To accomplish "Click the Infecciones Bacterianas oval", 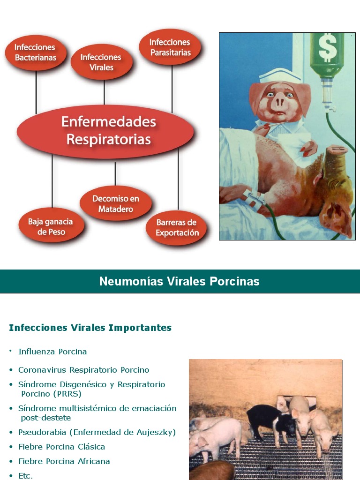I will tap(35, 52).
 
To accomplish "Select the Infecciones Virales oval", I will tap(101, 62).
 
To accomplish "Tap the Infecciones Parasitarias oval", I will tap(170, 47).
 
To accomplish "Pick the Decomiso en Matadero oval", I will tap(116, 204).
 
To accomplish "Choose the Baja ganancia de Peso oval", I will tap(51, 226).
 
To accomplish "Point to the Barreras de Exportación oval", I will tap(177, 227).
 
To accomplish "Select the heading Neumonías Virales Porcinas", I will tap(180, 281).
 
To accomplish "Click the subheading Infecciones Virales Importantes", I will tap(90, 328).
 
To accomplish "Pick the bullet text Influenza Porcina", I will tap(52, 352).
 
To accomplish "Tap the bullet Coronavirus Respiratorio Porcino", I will tap(83, 370).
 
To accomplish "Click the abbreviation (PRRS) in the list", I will tap(67, 394).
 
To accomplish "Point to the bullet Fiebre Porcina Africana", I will tap(64, 461).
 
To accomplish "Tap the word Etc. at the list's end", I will tap(25, 476).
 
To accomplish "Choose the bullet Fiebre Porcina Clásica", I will tap(61, 447).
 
